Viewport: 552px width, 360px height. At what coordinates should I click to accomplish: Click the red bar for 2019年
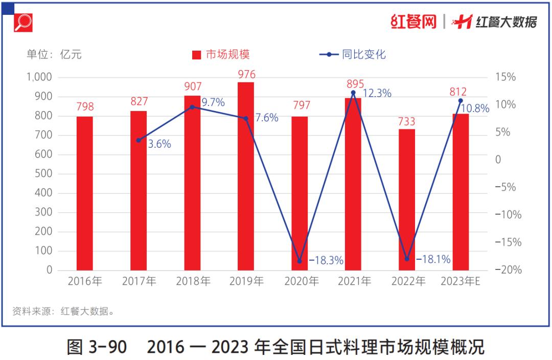(246, 176)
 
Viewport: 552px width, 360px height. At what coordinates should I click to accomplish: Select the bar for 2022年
(407, 199)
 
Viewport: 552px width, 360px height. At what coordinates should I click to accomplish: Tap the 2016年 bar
(85, 193)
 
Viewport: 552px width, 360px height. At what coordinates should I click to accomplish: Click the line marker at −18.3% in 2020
(300, 261)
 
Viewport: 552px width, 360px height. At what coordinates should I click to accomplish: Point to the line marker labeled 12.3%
(353, 93)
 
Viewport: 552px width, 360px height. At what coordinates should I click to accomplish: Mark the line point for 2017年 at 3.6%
(139, 140)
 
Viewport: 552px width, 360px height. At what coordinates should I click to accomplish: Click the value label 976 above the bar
(246, 75)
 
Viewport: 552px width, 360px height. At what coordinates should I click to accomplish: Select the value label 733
(407, 122)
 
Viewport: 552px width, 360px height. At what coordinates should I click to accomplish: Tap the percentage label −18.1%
(433, 260)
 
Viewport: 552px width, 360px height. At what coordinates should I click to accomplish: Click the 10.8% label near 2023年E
(475, 108)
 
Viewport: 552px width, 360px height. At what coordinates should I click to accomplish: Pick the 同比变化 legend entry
(353, 55)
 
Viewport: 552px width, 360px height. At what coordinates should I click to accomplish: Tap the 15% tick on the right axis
(505, 77)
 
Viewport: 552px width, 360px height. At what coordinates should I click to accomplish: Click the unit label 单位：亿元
(54, 55)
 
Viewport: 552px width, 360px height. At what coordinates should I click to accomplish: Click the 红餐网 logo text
(413, 22)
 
